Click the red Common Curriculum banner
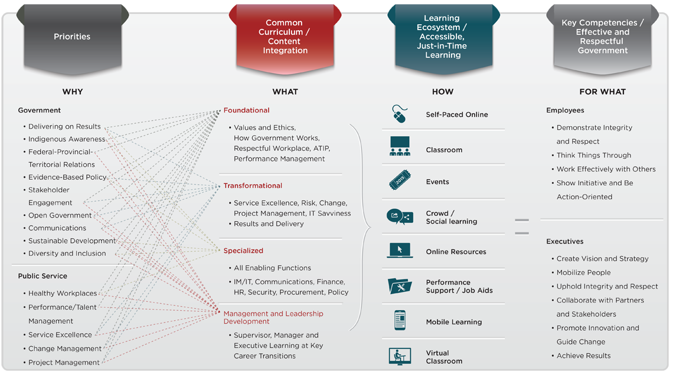(x=285, y=37)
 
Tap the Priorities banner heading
(x=72, y=37)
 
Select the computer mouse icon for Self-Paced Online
(x=400, y=114)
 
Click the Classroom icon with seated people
(x=400, y=147)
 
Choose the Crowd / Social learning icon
(x=400, y=217)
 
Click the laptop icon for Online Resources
(x=400, y=251)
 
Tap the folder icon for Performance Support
(x=400, y=286)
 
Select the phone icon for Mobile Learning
(x=400, y=320)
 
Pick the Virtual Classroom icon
(x=400, y=357)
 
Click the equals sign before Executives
(x=521, y=227)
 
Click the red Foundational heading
(x=246, y=110)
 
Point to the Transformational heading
(x=253, y=186)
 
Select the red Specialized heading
(x=243, y=251)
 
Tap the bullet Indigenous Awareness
(x=67, y=139)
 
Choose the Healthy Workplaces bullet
(x=63, y=293)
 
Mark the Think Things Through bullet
(x=593, y=155)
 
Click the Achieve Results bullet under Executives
(x=583, y=356)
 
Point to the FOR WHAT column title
(x=602, y=91)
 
